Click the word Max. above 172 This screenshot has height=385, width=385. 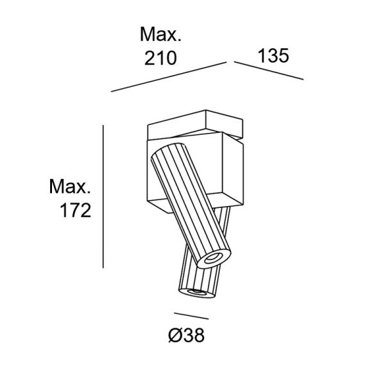click(69, 187)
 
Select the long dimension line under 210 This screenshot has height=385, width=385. click(169, 77)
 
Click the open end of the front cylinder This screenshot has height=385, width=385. click(212, 258)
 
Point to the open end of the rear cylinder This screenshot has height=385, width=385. click(196, 293)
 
